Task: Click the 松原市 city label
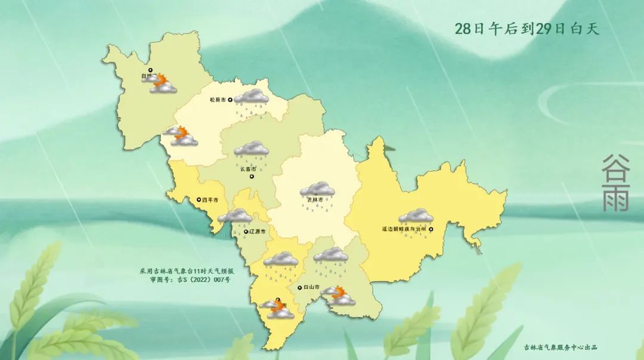pyautogui.click(x=218, y=101)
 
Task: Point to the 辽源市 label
pyautogui.click(x=259, y=231)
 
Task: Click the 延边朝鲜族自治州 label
pyautogui.click(x=404, y=228)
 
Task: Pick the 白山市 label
pyautogui.click(x=311, y=288)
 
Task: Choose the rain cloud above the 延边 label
pyautogui.click(x=416, y=216)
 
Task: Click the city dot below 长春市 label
pyautogui.click(x=251, y=176)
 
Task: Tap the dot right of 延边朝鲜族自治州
pyautogui.click(x=431, y=228)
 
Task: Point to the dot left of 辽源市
pyautogui.click(x=246, y=231)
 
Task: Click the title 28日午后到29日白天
pyautogui.click(x=527, y=29)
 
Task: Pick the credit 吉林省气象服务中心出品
pyautogui.click(x=561, y=347)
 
